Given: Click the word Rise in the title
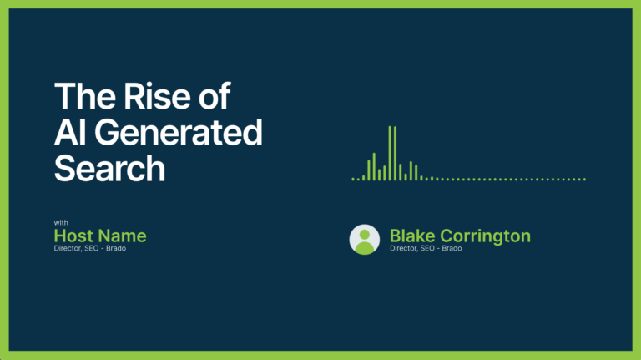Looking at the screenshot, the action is click(x=157, y=96).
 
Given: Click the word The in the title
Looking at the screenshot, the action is click(x=84, y=96).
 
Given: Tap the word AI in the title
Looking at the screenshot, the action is click(x=70, y=132).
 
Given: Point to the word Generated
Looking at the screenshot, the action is click(x=179, y=132).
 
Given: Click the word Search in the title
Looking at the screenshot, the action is click(x=109, y=168).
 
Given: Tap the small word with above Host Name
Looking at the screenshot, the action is click(x=61, y=222).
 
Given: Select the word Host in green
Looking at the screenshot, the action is click(x=73, y=236).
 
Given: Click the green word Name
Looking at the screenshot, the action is click(x=122, y=236).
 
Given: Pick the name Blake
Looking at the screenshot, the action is click(x=412, y=236).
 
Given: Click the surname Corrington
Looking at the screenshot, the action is click(x=485, y=236).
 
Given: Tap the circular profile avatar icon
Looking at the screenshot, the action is click(x=364, y=240).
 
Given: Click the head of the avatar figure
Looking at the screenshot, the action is click(x=364, y=235).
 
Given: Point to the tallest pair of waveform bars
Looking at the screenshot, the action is click(x=392, y=153).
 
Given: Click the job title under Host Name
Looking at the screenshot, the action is click(x=90, y=248).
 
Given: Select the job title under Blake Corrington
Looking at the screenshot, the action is click(x=426, y=248).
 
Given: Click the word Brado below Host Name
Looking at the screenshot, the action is click(x=116, y=248).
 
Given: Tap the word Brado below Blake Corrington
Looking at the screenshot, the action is click(x=452, y=248).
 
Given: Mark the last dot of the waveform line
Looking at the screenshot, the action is click(x=584, y=180).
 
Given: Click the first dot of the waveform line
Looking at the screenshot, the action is click(x=353, y=180).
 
